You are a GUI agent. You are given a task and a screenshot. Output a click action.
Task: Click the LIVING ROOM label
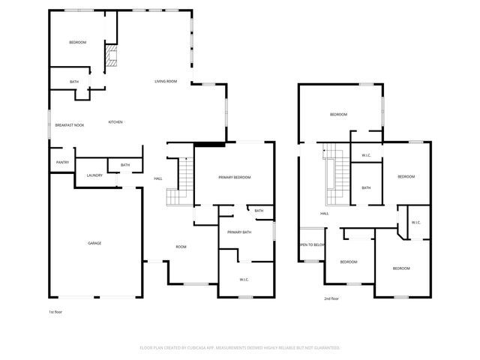[x=166, y=81]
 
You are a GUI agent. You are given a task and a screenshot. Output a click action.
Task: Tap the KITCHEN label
[x=115, y=122]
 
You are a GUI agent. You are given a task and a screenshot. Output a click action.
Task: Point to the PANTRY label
[x=62, y=163]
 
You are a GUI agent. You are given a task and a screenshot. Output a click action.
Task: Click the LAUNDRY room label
[x=94, y=175]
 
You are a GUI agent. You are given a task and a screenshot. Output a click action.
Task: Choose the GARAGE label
[x=94, y=243]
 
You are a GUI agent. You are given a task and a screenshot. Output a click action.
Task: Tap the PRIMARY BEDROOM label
[x=234, y=177]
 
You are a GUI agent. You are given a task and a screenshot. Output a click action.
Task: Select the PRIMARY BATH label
[x=239, y=232]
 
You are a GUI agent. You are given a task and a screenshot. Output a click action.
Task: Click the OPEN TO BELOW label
[x=311, y=244]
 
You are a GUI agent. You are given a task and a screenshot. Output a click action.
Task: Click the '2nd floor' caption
[x=332, y=298]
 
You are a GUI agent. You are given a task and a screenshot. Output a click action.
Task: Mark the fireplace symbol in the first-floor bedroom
[x=112, y=57]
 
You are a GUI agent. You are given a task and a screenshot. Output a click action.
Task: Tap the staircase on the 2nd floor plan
[x=334, y=180]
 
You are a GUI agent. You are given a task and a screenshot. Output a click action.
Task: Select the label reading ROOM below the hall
[x=181, y=247]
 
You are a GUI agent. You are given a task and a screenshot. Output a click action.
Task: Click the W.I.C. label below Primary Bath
[x=244, y=280]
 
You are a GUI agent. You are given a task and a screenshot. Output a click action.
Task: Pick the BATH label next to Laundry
[x=125, y=165]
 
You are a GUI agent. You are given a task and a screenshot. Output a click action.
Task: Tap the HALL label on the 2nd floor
[x=325, y=214]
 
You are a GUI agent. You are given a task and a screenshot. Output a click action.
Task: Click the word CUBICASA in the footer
[x=202, y=348]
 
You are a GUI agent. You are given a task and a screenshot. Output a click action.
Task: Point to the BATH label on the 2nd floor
[x=366, y=187]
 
